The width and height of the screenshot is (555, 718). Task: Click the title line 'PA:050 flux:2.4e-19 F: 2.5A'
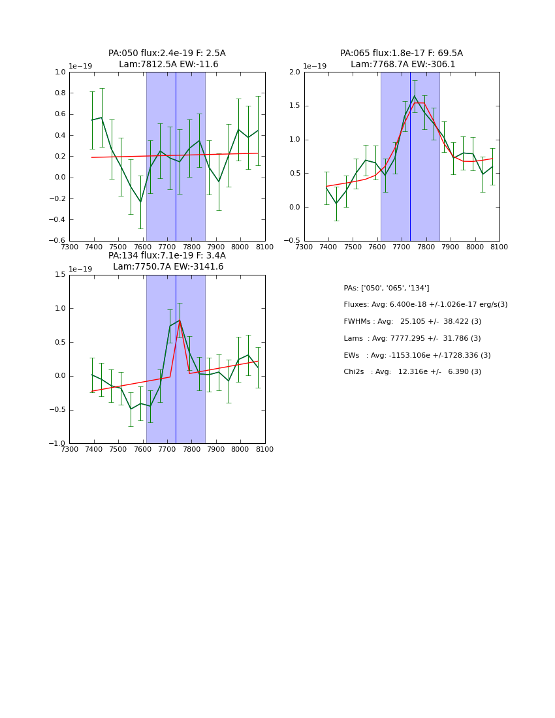click(x=167, y=54)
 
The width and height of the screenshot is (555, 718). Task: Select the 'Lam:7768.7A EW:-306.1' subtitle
click(x=402, y=65)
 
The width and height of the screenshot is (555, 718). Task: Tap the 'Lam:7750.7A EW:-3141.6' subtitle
click(x=167, y=267)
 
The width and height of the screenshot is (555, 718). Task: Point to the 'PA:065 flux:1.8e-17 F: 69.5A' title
click(x=402, y=54)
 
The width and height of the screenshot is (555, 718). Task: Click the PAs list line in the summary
click(x=387, y=288)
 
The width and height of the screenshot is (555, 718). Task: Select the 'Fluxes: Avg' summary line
click(x=425, y=305)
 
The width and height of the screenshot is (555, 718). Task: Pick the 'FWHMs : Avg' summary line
click(x=412, y=322)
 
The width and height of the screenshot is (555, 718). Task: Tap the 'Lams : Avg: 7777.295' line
click(x=412, y=339)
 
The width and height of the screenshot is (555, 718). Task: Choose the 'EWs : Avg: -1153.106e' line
click(x=417, y=355)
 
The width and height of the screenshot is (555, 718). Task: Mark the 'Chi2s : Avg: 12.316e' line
click(x=412, y=372)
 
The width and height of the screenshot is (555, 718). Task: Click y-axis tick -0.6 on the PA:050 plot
click(x=58, y=241)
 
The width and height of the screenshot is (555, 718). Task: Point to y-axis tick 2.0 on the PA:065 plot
click(x=294, y=72)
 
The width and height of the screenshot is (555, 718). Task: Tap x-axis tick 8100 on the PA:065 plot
click(x=499, y=247)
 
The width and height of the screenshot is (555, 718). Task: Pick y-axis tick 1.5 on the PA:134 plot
click(x=59, y=275)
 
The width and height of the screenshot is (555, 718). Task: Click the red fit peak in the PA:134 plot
click(x=180, y=320)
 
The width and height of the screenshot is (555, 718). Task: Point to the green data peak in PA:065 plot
click(x=414, y=97)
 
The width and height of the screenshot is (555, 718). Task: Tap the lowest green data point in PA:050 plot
click(x=140, y=202)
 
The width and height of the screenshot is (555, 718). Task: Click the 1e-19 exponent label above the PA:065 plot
click(x=315, y=67)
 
